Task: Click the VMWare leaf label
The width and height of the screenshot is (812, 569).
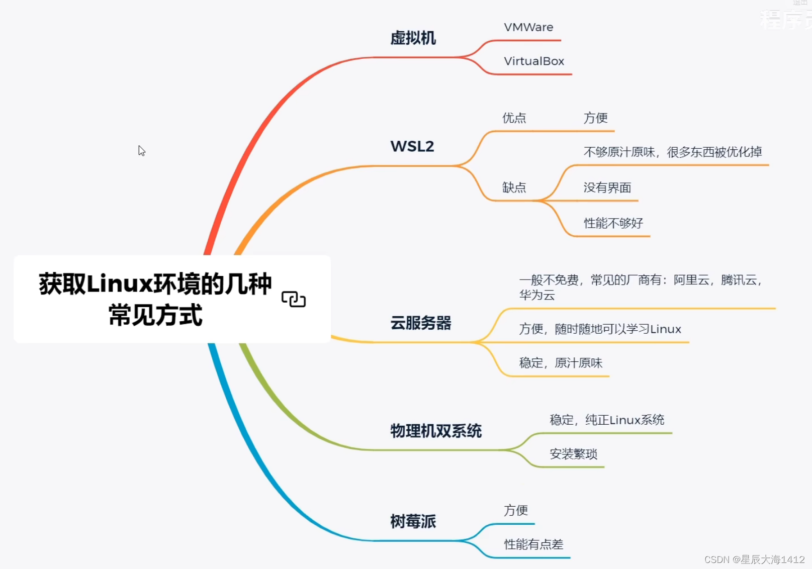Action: (x=528, y=27)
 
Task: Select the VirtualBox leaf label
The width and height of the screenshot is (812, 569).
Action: (x=534, y=61)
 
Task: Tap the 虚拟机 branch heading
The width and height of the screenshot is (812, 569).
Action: (x=413, y=38)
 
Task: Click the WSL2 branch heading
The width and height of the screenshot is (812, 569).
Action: (x=412, y=146)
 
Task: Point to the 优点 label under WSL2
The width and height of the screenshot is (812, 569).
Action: (x=514, y=118)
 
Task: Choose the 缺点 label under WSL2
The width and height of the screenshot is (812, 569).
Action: (x=514, y=187)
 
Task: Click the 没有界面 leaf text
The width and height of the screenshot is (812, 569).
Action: (x=607, y=187)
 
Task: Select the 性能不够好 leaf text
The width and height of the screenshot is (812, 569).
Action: (x=613, y=223)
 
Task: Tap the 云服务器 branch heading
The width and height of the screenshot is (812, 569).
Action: (x=421, y=323)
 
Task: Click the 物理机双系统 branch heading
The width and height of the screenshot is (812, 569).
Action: (x=436, y=431)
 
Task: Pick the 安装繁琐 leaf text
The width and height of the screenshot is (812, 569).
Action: (x=573, y=454)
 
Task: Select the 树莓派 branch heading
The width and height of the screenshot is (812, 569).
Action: (x=413, y=521)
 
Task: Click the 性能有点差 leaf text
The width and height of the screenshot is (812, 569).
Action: (x=533, y=544)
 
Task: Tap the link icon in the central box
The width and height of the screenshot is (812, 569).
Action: (x=294, y=299)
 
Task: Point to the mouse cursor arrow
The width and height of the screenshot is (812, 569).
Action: (x=141, y=150)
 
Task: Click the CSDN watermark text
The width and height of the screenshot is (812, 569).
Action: (x=754, y=559)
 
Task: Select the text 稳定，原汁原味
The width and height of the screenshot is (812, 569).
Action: (x=561, y=363)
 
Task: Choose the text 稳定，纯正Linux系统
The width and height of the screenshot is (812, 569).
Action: (x=607, y=420)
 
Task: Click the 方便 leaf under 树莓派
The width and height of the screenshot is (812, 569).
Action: (x=516, y=511)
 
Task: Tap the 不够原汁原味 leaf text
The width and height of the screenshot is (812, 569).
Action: (x=672, y=152)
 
